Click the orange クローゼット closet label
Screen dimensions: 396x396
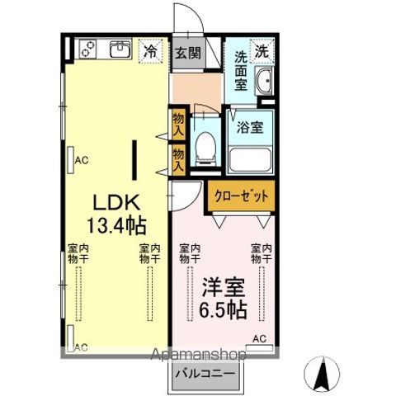point(242,196)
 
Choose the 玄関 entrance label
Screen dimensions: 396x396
point(187,54)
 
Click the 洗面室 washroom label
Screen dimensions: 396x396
point(241,69)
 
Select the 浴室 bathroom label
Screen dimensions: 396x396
point(250,128)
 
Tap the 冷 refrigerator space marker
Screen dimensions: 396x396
point(151,51)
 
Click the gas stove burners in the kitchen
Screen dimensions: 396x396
point(87,50)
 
